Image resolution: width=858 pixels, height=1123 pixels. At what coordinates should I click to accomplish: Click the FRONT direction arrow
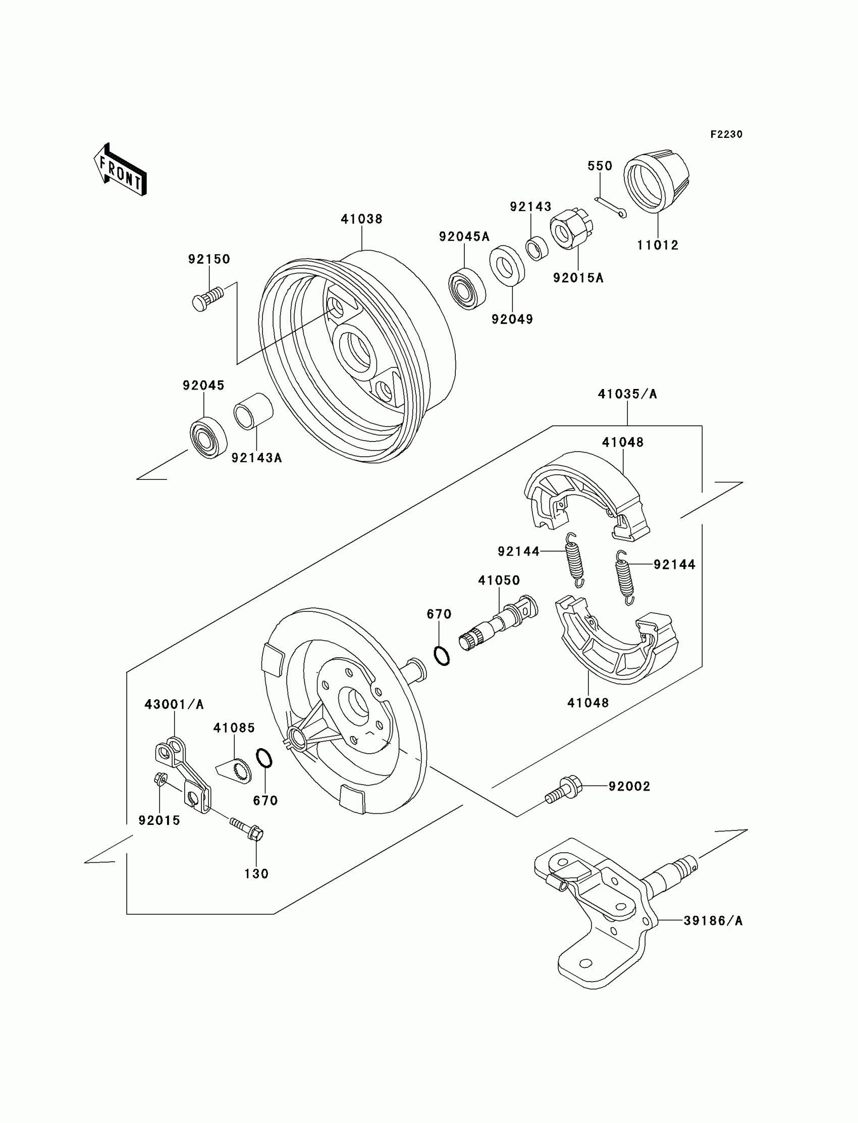(121, 169)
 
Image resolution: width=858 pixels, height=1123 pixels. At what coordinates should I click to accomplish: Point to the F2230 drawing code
(726, 134)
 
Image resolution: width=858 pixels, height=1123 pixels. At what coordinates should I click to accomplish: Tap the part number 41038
(361, 219)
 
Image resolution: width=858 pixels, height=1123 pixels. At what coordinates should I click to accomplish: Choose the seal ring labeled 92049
(507, 264)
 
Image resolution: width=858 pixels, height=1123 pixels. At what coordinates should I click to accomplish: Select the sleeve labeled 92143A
(253, 411)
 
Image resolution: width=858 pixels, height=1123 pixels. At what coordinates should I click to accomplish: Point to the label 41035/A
(627, 394)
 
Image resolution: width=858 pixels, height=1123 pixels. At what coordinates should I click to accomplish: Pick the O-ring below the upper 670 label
(442, 655)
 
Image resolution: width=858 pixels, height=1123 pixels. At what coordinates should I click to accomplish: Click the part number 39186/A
(713, 920)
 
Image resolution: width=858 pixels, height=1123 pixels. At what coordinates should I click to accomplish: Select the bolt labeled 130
(247, 828)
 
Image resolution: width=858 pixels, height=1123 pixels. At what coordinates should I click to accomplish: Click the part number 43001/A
(174, 704)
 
